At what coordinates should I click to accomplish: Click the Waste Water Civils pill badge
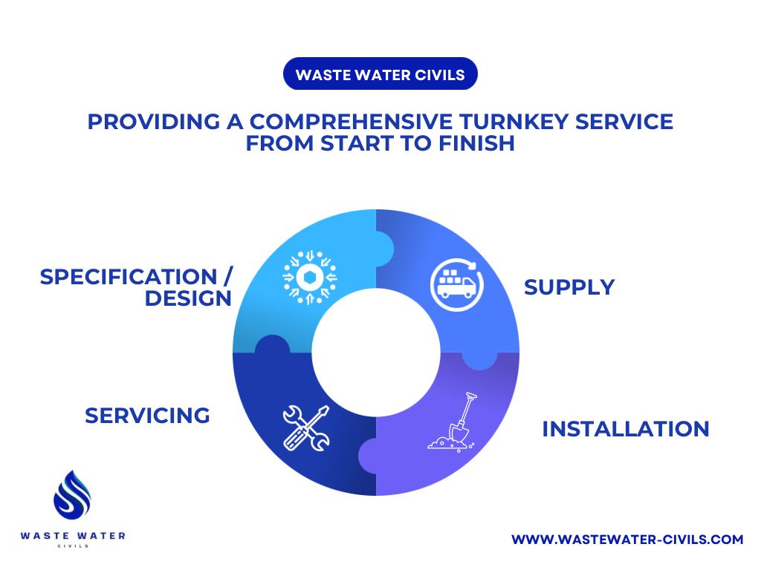380,73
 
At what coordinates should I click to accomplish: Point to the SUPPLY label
569,287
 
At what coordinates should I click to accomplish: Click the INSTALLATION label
626,429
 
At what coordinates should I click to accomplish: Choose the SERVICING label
148,416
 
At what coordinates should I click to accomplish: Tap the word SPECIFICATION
129,277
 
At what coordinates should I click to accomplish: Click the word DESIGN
188,298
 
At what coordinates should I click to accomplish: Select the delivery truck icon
457,284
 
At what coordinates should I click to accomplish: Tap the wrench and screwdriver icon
306,428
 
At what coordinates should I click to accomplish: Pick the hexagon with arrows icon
310,278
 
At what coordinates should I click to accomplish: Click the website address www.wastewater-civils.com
627,539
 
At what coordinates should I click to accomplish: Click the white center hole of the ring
375,353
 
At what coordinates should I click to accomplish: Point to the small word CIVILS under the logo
73,546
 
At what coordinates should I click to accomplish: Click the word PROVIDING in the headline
154,121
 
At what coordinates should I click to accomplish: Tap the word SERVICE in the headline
624,121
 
